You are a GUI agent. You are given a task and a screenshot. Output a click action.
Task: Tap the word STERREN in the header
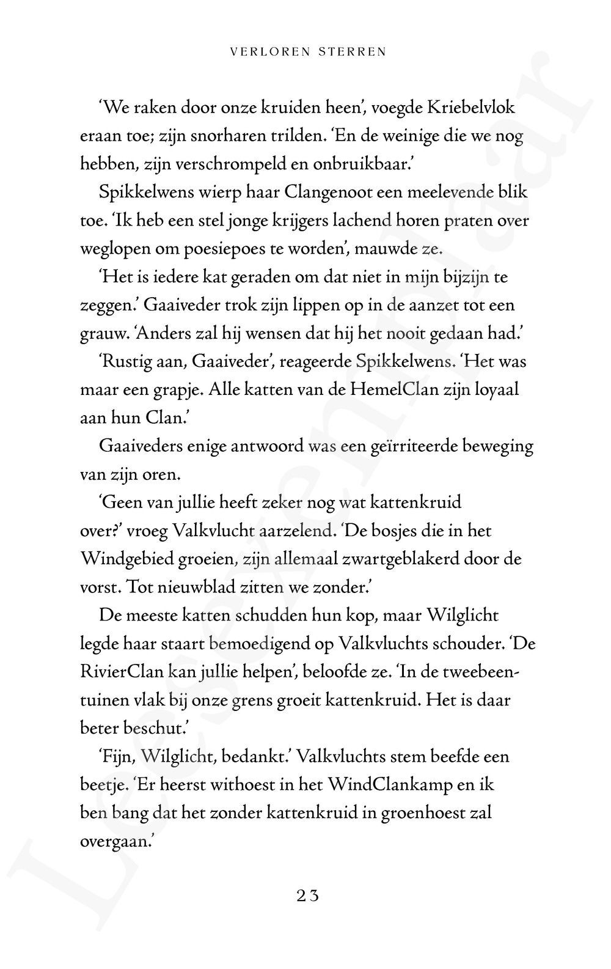[353, 52]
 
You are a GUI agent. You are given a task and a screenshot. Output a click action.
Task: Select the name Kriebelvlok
[470, 108]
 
